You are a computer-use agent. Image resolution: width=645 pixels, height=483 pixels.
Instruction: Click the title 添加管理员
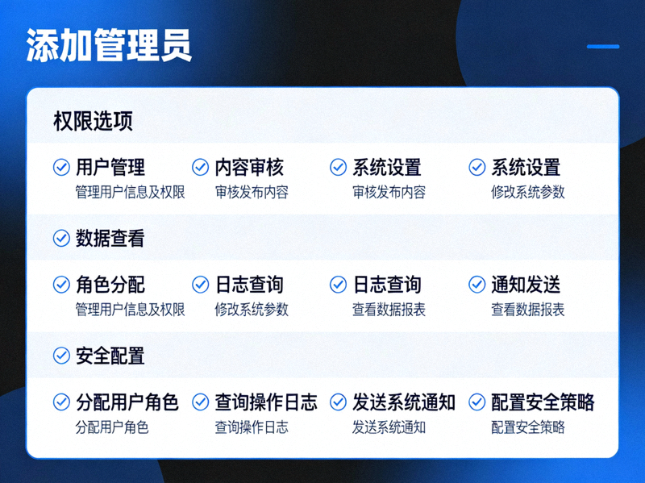(109, 46)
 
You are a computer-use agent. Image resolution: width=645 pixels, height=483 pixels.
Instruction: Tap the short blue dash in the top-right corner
(602, 46)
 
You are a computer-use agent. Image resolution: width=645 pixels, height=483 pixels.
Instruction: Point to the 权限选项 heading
(93, 122)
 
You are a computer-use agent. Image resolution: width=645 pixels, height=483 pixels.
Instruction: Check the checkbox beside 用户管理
(61, 168)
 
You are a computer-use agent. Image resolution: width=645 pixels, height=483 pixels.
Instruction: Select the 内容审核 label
(249, 168)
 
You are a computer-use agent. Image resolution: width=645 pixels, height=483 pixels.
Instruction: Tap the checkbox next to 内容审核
(200, 168)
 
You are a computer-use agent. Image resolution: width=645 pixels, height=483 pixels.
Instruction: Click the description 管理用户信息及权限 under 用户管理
(130, 193)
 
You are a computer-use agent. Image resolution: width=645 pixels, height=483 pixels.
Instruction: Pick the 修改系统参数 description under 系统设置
(527, 193)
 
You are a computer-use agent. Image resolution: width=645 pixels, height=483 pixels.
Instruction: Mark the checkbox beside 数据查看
(61, 239)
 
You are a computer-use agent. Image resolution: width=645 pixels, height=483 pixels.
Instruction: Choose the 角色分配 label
(110, 285)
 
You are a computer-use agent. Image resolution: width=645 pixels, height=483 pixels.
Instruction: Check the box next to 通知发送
(477, 285)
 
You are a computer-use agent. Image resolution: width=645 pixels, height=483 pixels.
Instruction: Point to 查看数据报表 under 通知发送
(527, 310)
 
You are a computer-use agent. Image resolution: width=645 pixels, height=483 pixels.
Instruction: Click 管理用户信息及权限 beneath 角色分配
(130, 310)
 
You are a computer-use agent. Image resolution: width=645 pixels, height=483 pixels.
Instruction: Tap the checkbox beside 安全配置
(61, 356)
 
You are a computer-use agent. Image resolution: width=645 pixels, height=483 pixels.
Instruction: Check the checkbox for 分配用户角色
(61, 402)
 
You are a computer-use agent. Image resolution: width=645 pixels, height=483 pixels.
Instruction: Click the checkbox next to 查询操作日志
(200, 402)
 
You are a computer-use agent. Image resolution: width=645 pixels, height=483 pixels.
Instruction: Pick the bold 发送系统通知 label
(403, 402)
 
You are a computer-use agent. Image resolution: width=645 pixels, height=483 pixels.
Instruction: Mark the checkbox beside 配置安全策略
(477, 402)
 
